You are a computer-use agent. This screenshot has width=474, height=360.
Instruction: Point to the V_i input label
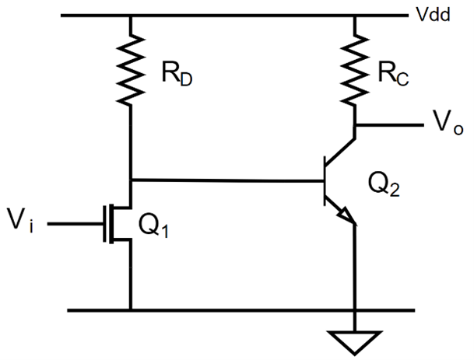(x=24, y=224)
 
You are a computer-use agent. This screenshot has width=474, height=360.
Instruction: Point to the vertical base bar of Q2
(x=325, y=181)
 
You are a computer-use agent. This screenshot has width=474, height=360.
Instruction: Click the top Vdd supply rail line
(x=233, y=16)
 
